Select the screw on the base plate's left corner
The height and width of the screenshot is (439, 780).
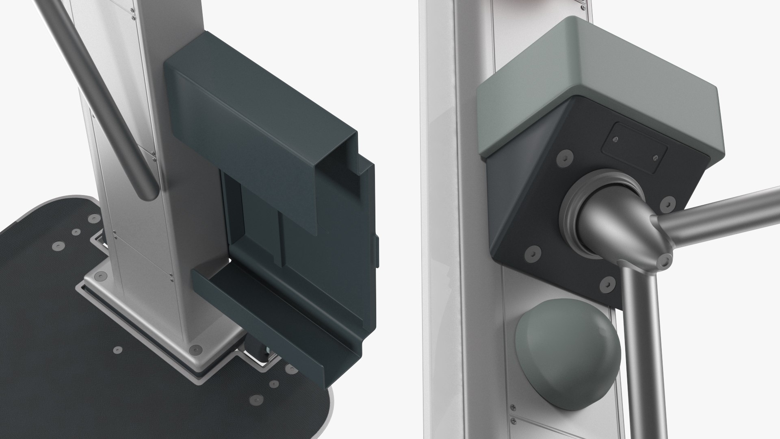tap(100, 276)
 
